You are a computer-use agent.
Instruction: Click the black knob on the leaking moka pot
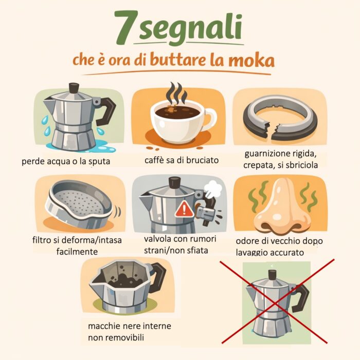click(x=74, y=88)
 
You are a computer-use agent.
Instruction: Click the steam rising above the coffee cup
click(x=176, y=94)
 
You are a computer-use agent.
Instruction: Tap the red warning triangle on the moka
click(x=185, y=209)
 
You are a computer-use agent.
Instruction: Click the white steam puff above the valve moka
click(x=212, y=189)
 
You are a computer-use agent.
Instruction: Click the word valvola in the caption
click(x=158, y=239)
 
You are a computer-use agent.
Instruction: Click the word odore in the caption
click(x=247, y=241)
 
